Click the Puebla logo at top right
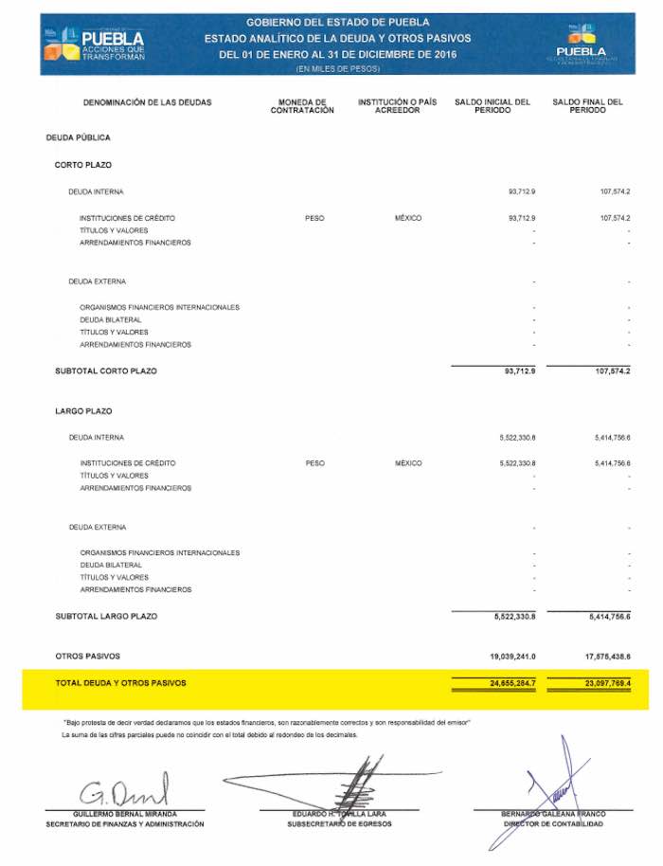[582, 42]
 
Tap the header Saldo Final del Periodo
[587, 106]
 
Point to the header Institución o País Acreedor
[397, 106]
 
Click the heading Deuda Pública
[78, 138]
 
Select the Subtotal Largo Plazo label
[106, 617]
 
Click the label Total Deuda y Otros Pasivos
[120, 682]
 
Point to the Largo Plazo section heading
[83, 411]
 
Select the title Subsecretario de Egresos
[339, 824]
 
